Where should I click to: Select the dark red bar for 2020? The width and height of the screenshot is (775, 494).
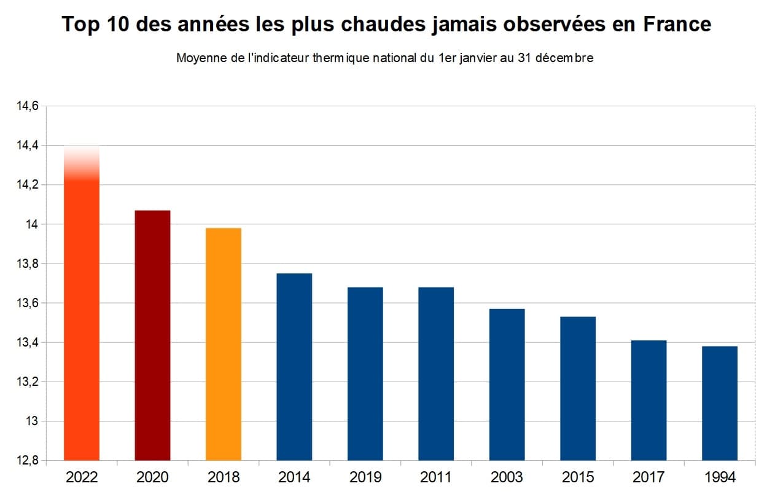coord(152,335)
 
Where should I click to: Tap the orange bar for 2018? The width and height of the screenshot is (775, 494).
coord(224,344)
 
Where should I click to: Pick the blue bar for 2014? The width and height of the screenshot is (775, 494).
coord(294,367)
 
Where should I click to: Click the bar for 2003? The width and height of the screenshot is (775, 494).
coord(507,384)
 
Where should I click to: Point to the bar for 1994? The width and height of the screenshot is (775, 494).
coord(720,403)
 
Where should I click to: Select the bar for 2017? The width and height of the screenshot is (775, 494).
coord(648,400)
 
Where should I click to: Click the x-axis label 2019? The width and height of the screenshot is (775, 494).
coord(365,477)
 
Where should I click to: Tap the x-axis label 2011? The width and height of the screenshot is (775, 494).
coord(436,477)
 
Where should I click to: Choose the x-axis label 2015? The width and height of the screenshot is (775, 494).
coord(578,477)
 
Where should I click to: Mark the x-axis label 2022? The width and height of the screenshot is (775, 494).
coord(82,477)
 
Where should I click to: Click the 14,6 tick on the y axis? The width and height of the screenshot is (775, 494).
coord(26,106)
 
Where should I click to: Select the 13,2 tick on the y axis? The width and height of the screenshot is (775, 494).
coord(26,382)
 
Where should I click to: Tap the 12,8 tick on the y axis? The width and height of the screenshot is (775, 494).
coord(26,460)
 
